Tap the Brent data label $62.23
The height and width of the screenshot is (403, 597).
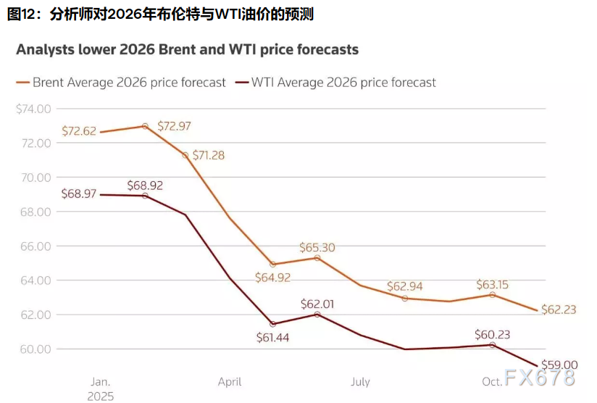coord(559,309)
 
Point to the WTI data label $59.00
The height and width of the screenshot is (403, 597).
coord(561,365)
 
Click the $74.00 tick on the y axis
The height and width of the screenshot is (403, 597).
coord(34,109)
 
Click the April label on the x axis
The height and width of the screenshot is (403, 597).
coord(230,382)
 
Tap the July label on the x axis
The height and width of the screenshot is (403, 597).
coord(360,382)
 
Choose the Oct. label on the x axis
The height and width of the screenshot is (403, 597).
coord(492,382)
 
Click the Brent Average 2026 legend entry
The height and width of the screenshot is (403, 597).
coord(121,83)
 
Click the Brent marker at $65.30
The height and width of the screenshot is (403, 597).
coord(317,258)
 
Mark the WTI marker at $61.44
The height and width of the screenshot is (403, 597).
coord(273,324)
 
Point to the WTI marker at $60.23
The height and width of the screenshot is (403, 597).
coord(493,345)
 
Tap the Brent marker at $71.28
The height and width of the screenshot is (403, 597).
coord(185,155)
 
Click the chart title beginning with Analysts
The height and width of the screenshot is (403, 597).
coord(187,50)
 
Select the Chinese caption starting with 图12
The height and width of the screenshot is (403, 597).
coord(160,14)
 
